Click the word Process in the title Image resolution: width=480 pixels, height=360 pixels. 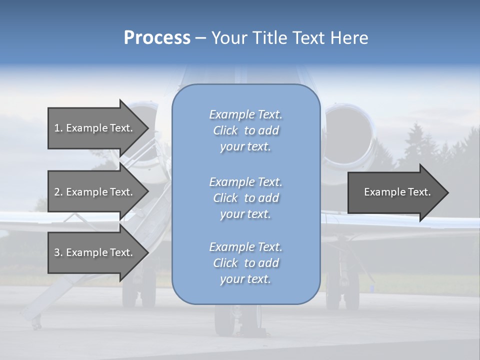(x=157, y=38)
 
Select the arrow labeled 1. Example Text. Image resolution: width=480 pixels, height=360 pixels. (x=93, y=128)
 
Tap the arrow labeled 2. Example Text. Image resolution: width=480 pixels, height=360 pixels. (x=93, y=192)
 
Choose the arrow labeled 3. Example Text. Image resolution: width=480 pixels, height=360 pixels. (x=93, y=252)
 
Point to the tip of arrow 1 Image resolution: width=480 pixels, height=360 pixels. (x=147, y=128)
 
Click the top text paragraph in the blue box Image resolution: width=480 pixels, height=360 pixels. (x=245, y=130)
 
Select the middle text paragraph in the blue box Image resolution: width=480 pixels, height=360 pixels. (x=245, y=198)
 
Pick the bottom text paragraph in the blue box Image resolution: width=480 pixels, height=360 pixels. (x=245, y=263)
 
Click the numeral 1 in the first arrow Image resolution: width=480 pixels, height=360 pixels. (x=56, y=128)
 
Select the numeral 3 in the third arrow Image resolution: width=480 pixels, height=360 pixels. (x=57, y=252)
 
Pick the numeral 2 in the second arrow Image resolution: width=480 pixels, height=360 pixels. (x=57, y=192)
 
